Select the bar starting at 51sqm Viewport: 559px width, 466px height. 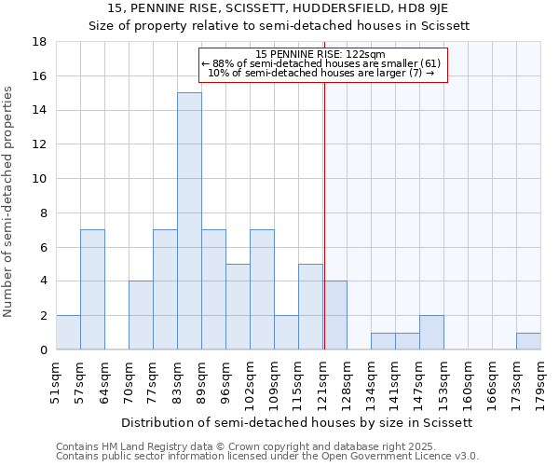click(68, 332)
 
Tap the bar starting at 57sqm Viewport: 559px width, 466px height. click(92, 289)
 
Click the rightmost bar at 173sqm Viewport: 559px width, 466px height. click(528, 341)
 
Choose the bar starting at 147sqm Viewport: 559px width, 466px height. click(431, 332)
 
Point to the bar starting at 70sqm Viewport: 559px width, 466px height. click(141, 315)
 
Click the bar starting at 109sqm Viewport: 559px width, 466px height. click(286, 332)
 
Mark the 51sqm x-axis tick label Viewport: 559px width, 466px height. click(56, 381)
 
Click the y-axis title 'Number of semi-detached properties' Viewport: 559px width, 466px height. click(8, 201)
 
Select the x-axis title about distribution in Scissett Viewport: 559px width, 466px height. click(298, 422)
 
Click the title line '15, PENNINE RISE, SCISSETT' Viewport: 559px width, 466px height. click(279, 9)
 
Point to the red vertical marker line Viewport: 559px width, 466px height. click(324, 214)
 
